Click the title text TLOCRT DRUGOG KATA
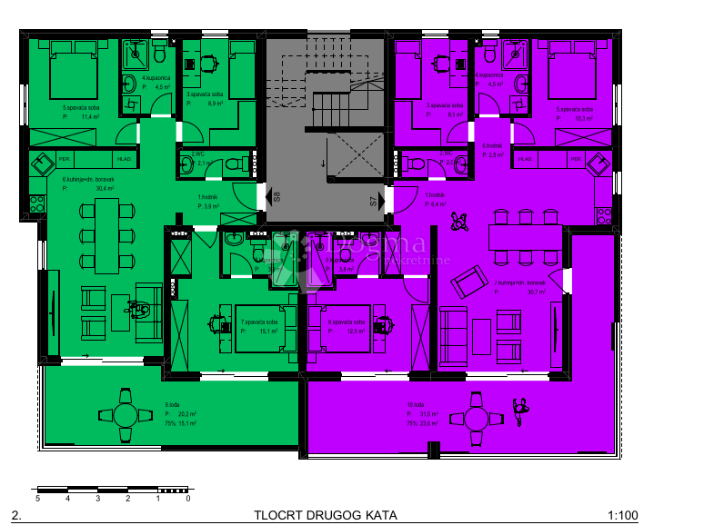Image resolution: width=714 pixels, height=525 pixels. [326, 515]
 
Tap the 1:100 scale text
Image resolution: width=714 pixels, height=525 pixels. [622, 515]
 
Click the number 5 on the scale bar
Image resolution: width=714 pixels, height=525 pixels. [37, 499]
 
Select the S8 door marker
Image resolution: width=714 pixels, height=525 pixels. [277, 195]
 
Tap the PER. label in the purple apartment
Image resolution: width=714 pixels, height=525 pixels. [576, 159]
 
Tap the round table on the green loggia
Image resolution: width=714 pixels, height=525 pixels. [124, 415]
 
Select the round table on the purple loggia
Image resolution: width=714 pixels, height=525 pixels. [477, 418]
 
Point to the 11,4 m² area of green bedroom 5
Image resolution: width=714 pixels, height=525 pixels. [89, 117]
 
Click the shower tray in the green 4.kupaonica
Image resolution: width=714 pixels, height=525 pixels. [138, 58]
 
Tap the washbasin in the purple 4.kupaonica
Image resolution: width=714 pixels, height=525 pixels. [522, 84]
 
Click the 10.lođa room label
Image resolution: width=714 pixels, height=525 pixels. [416, 405]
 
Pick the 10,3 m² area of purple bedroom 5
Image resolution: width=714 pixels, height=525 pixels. [582, 117]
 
